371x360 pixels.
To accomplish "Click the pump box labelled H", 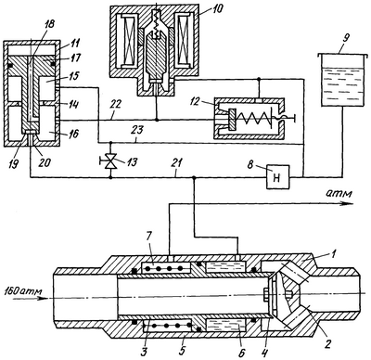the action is pyautogui.click(x=278, y=176).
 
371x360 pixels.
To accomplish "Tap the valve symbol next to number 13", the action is pyautogui.click(x=110, y=161).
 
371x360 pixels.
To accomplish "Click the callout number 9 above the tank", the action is pyautogui.click(x=346, y=38).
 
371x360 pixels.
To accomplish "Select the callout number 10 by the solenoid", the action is pyautogui.click(x=217, y=9).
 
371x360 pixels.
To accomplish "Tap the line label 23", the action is pyautogui.click(x=137, y=130).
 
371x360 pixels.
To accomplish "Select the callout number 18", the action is pyautogui.click(x=49, y=25).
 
